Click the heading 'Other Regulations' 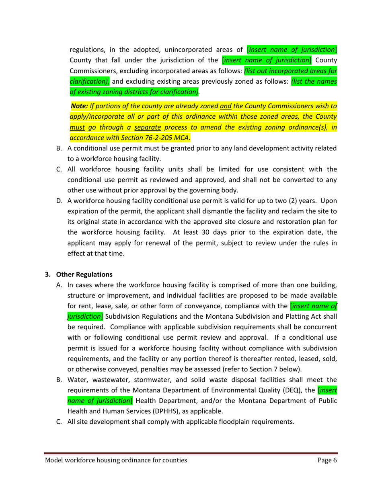point(84,274)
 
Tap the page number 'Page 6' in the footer point(327,460)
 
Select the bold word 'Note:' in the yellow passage point(79,106)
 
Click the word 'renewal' point(160,243)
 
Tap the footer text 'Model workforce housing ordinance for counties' point(116,460)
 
